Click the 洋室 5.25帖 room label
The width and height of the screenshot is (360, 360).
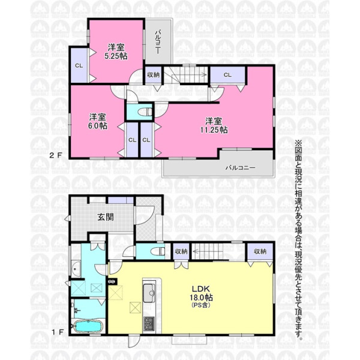tap(116, 52)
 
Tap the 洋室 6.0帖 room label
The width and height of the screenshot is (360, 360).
tap(98, 121)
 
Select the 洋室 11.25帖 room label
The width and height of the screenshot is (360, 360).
tap(214, 125)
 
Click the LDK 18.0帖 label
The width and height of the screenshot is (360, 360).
tap(201, 297)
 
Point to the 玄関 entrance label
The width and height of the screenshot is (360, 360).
tap(106, 217)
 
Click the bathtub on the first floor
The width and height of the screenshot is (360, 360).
tap(88, 326)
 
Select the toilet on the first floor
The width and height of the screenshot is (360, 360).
tap(158, 251)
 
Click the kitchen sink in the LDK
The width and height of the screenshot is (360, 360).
tap(149, 293)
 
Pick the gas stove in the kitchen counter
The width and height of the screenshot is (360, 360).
tap(149, 324)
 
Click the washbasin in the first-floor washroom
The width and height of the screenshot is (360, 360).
tap(76, 269)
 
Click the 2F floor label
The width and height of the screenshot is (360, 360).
tap(56, 155)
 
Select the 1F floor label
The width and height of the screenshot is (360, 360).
tap(58, 332)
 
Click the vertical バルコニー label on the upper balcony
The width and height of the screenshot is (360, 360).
tap(158, 41)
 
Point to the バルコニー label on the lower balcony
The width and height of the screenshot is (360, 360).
tap(241, 167)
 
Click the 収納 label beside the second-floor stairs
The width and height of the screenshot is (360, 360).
tap(154, 74)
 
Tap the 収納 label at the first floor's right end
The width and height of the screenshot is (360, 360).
tap(260, 251)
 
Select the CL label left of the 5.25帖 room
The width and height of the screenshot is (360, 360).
tap(79, 65)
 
